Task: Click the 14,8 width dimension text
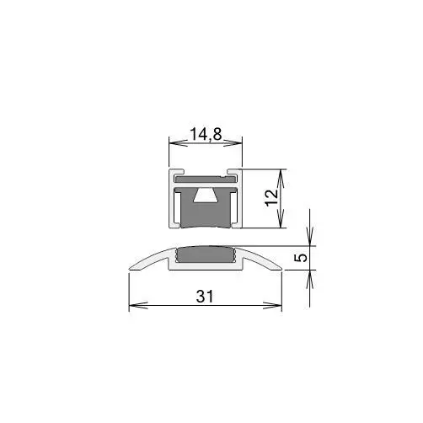tap(205, 133)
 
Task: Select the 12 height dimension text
tap(270, 199)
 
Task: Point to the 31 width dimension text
tap(205, 297)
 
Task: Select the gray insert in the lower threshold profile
tap(206, 254)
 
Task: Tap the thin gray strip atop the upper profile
tap(205, 179)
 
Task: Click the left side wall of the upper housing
tap(170, 202)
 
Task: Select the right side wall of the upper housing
tap(240, 202)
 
